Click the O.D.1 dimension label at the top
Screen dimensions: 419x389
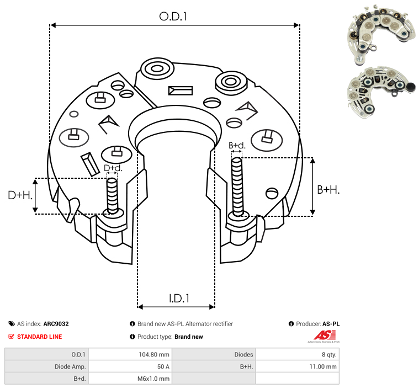tap(173, 17)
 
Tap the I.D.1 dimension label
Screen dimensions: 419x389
tap(179, 298)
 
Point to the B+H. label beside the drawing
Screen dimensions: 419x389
tap(328, 190)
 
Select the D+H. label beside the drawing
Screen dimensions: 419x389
tap(20, 195)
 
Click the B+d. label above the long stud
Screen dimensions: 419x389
tap(237, 145)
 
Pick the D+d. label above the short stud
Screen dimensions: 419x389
tap(113, 168)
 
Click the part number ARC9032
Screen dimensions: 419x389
tap(56, 324)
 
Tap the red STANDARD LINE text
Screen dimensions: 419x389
tap(40, 337)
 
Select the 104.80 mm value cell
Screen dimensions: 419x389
tap(154, 355)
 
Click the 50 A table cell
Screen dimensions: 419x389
tap(163, 366)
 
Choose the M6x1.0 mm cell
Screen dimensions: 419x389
tap(153, 379)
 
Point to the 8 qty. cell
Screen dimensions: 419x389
tap(329, 355)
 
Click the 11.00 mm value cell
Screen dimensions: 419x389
tap(323, 366)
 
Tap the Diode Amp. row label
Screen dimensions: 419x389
tap(70, 366)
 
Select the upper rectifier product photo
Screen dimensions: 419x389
tap(381, 34)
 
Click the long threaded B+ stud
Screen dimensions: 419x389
tap(237, 186)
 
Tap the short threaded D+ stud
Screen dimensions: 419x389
tap(112, 196)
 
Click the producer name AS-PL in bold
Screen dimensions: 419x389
tap(331, 324)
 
